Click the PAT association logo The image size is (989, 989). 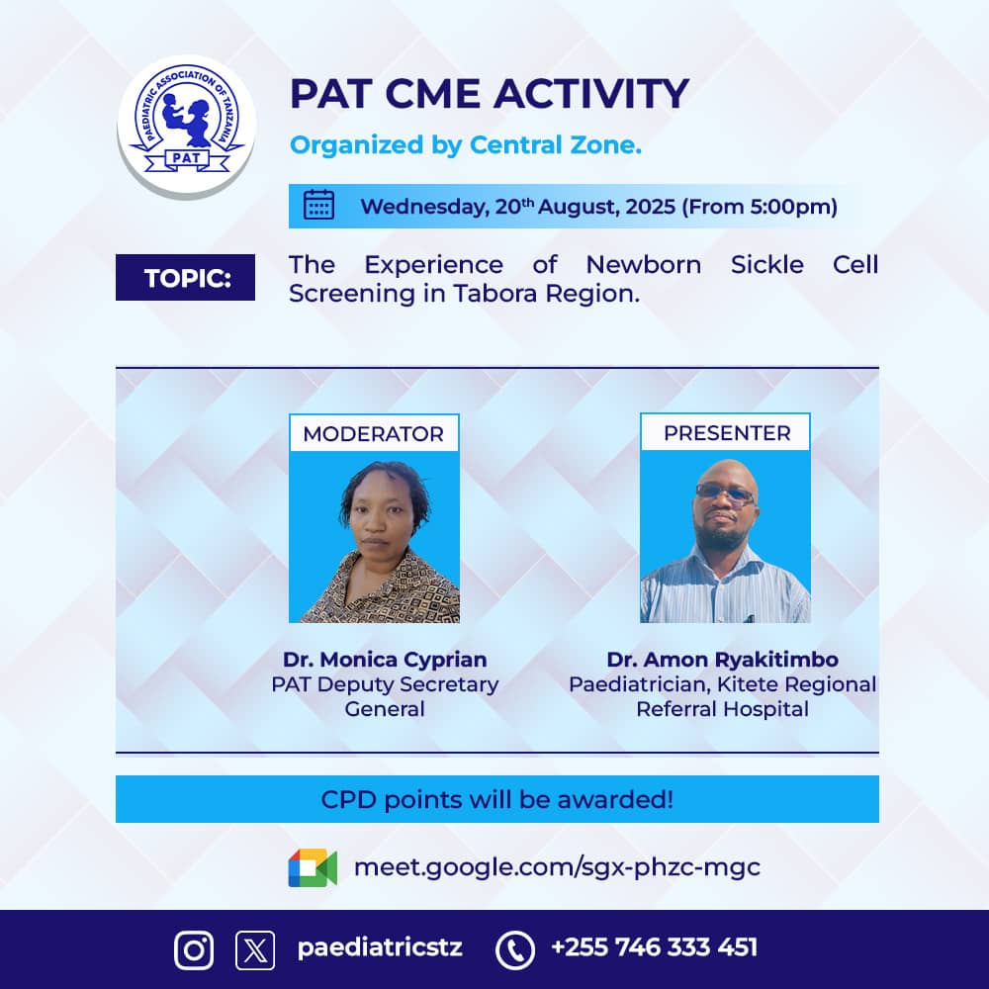[x=186, y=126]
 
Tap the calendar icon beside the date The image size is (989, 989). [x=318, y=206]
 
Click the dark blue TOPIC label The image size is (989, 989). [x=186, y=278]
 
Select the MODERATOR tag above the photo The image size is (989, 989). [x=374, y=433]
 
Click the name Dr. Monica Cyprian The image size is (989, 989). [x=385, y=660]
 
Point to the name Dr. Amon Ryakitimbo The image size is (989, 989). [x=722, y=660]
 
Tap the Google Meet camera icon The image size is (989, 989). [x=313, y=867]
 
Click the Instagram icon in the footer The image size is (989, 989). [x=194, y=949]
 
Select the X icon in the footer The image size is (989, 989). [x=255, y=949]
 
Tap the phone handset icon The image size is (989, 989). [x=514, y=949]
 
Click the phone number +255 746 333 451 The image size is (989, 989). [x=654, y=947]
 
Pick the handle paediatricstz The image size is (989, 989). [x=380, y=947]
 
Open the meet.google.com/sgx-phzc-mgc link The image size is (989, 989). [x=557, y=867]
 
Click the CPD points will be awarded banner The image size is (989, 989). [x=496, y=799]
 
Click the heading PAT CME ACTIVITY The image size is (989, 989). [x=489, y=94]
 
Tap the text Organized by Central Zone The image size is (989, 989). [x=466, y=146]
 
